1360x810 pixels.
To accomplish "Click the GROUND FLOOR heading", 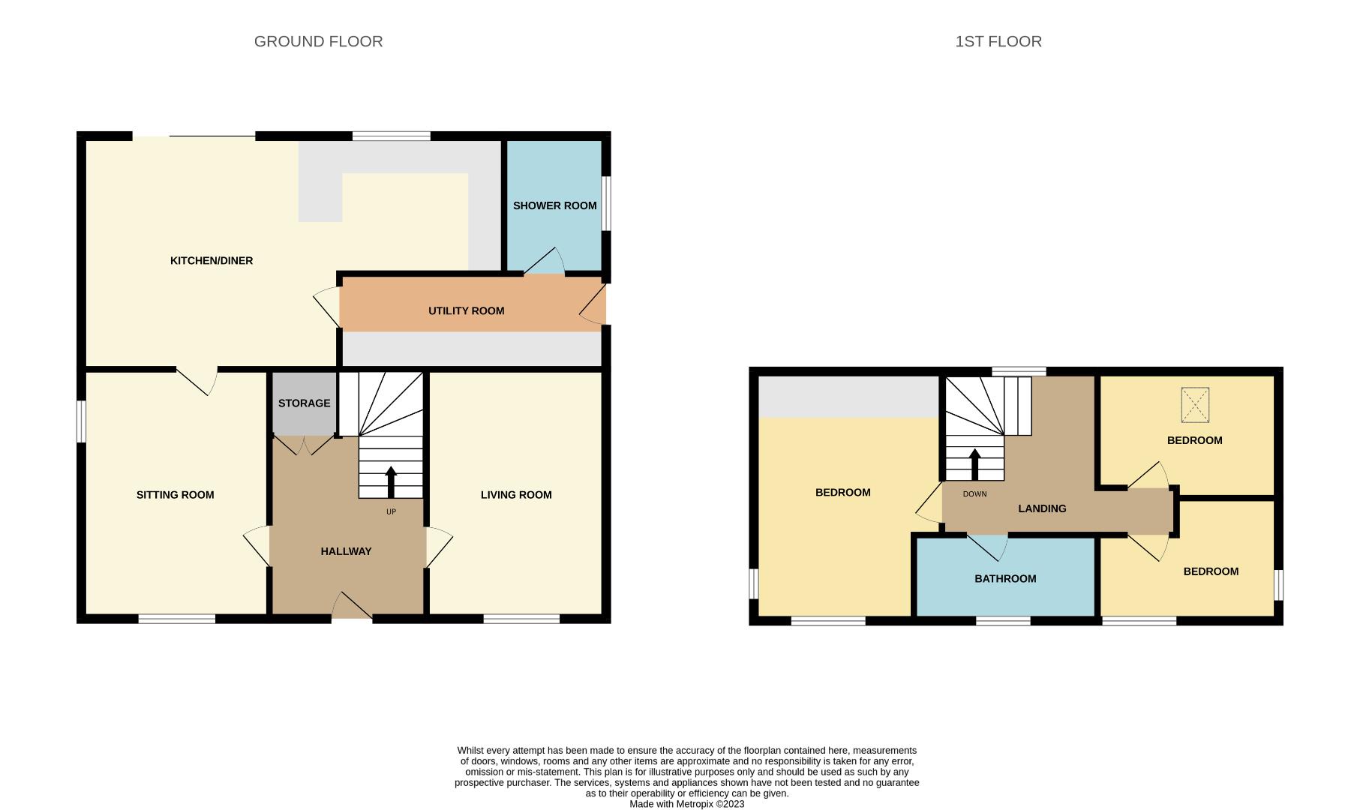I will (x=318, y=41).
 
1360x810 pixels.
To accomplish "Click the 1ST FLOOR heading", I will (x=998, y=41).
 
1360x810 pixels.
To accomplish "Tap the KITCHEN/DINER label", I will (x=212, y=261).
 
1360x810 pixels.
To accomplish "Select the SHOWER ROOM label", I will (x=554, y=205).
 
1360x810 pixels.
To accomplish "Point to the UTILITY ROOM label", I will (x=466, y=310).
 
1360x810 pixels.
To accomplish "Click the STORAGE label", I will (x=304, y=403).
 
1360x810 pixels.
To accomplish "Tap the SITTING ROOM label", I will (x=175, y=495).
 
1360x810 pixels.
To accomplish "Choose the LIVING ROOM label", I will (x=516, y=495).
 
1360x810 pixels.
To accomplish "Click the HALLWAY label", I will (x=346, y=551).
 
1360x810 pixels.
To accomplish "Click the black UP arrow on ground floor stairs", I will (x=391, y=481).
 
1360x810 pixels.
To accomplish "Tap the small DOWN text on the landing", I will (x=974, y=494).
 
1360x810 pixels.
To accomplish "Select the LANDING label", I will (x=1042, y=508).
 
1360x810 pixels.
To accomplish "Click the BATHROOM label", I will (x=1005, y=579).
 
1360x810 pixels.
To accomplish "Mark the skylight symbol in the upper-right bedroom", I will (x=1194, y=405).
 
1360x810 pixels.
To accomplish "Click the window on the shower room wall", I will (x=606, y=203).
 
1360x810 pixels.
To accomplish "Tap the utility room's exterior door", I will (x=594, y=307).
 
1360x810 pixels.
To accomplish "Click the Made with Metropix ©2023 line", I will (x=686, y=804).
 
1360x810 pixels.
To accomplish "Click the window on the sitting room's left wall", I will (x=81, y=421).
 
